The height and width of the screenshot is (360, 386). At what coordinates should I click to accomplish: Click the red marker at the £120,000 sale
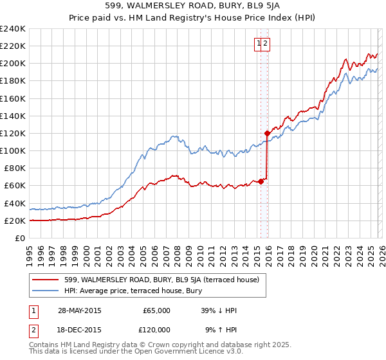(x=267, y=133)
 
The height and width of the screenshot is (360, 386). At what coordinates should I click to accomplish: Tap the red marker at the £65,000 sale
(x=261, y=181)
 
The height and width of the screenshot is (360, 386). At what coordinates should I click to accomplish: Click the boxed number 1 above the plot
(x=259, y=44)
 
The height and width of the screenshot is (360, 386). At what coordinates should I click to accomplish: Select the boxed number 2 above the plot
(x=265, y=44)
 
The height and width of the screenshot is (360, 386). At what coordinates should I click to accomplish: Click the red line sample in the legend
(x=46, y=280)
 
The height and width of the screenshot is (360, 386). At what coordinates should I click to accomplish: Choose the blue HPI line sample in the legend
(x=46, y=291)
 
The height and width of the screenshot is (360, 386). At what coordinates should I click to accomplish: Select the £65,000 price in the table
(x=156, y=310)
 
